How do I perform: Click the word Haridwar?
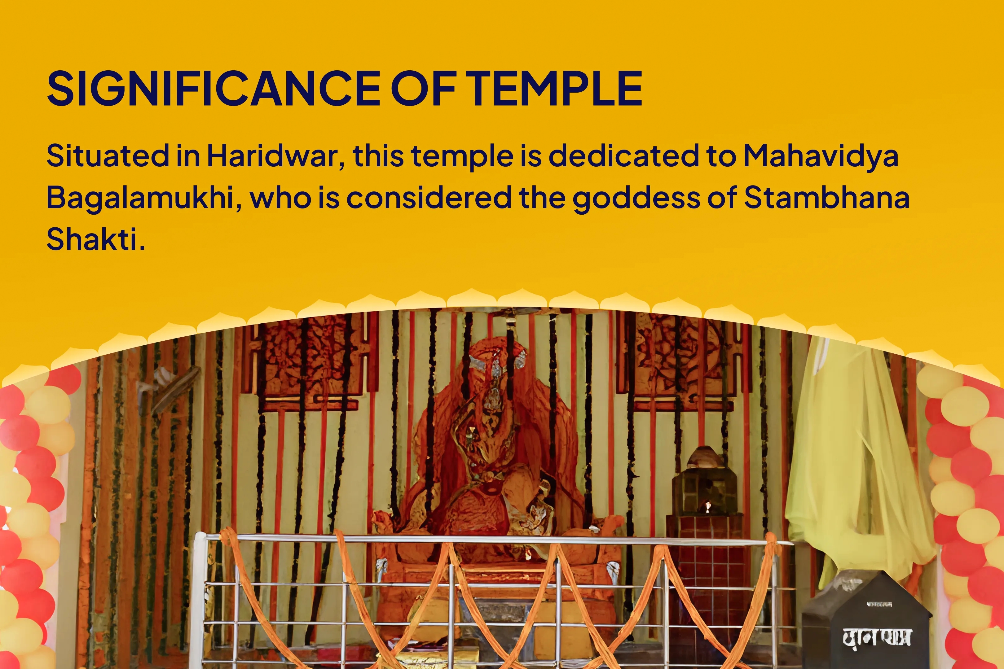276,156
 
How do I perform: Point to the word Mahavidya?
821,156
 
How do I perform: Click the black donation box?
866,623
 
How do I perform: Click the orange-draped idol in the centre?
495,448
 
